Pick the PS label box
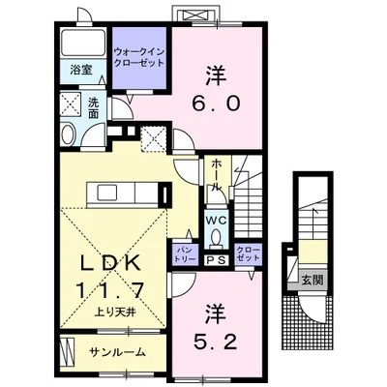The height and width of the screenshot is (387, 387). point(215,259)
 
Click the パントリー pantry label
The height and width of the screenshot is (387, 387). point(185,254)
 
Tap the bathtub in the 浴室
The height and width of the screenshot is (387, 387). point(82,44)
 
